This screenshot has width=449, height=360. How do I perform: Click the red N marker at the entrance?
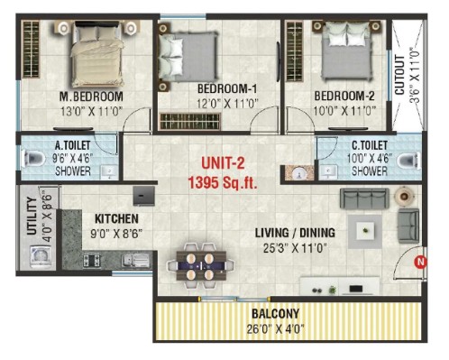[x=420, y=262]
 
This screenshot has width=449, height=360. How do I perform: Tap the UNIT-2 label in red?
[x=223, y=163]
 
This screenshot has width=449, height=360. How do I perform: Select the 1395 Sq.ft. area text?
[x=223, y=182]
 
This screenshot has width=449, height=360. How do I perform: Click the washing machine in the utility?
[x=41, y=256]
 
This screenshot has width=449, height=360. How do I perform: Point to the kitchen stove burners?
[x=91, y=261]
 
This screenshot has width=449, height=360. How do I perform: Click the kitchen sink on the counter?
[x=136, y=260]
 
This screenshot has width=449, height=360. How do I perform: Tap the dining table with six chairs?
[x=201, y=266]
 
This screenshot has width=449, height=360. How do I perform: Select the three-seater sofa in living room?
[x=364, y=198]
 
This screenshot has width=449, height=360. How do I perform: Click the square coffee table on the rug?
[x=365, y=231]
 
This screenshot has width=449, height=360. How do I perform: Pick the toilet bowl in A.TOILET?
[x=33, y=158]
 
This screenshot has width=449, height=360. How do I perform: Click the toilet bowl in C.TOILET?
[x=408, y=161]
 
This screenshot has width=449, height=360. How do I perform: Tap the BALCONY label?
[x=275, y=314]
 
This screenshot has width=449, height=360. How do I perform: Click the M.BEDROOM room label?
[x=91, y=97]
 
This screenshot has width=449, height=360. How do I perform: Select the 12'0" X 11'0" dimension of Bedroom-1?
[x=227, y=104]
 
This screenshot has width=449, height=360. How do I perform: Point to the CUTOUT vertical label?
[x=399, y=75]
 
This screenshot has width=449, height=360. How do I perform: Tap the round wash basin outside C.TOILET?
[x=299, y=173]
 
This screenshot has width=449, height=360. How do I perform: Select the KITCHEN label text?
[x=116, y=219]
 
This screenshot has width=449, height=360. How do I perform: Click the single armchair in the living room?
[x=408, y=226]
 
